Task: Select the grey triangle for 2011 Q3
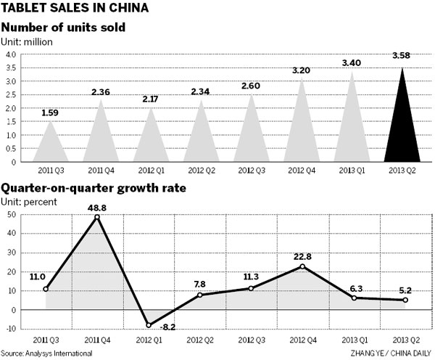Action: click(x=51, y=145)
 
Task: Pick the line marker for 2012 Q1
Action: click(x=149, y=325)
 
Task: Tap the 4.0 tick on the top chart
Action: click(x=12, y=54)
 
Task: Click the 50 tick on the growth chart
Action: click(x=12, y=215)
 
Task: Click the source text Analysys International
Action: click(x=46, y=353)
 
